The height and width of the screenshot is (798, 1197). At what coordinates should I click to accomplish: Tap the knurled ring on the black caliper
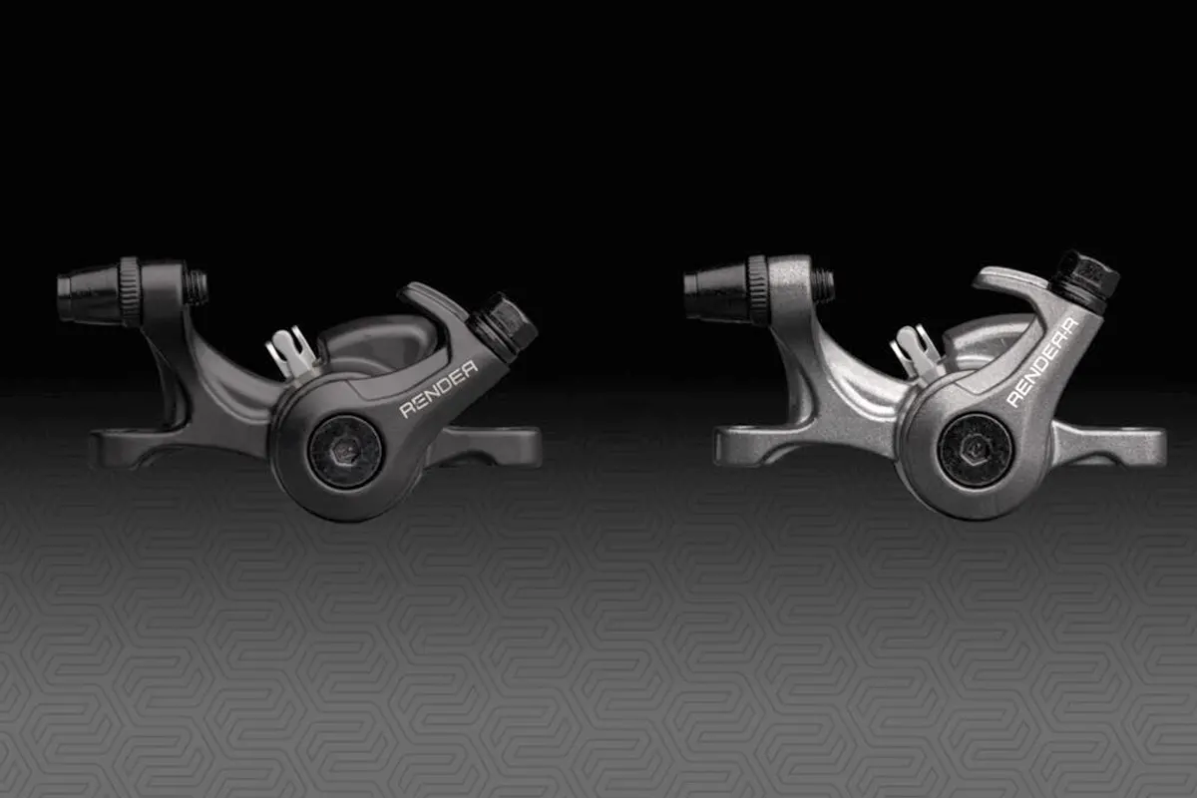tap(131, 290)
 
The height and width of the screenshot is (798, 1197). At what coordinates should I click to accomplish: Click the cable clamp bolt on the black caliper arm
tap(505, 325)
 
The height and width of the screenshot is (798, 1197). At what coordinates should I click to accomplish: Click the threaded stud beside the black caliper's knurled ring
tap(197, 288)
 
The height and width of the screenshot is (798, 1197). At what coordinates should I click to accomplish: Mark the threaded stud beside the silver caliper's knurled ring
tap(824, 284)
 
